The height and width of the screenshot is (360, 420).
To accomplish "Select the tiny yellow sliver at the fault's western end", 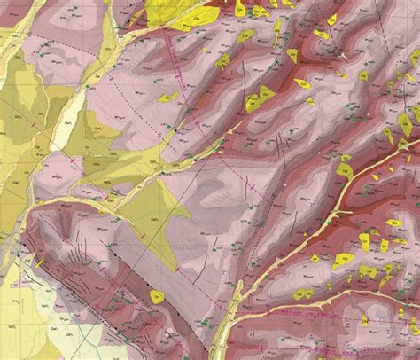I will click(x=39, y=262).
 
